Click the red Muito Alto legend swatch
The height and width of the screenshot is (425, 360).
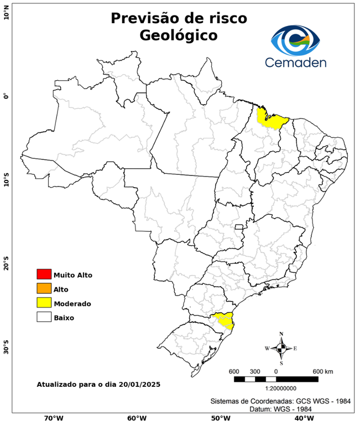(x=44, y=274)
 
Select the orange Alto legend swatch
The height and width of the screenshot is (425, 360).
(x=44, y=288)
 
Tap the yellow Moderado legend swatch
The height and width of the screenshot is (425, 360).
(x=44, y=303)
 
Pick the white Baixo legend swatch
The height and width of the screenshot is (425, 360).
(x=44, y=317)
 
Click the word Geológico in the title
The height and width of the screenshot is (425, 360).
(x=178, y=35)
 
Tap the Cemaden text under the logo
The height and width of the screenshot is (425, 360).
(x=295, y=62)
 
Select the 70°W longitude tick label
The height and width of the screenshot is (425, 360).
(x=54, y=418)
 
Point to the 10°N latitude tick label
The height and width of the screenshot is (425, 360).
(x=6, y=13)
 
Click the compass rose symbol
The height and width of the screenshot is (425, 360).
(x=281, y=348)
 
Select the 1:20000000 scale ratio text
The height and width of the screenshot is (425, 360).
(x=275, y=388)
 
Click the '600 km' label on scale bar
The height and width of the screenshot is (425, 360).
(x=323, y=371)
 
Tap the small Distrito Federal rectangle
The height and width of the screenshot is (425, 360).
(x=239, y=227)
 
